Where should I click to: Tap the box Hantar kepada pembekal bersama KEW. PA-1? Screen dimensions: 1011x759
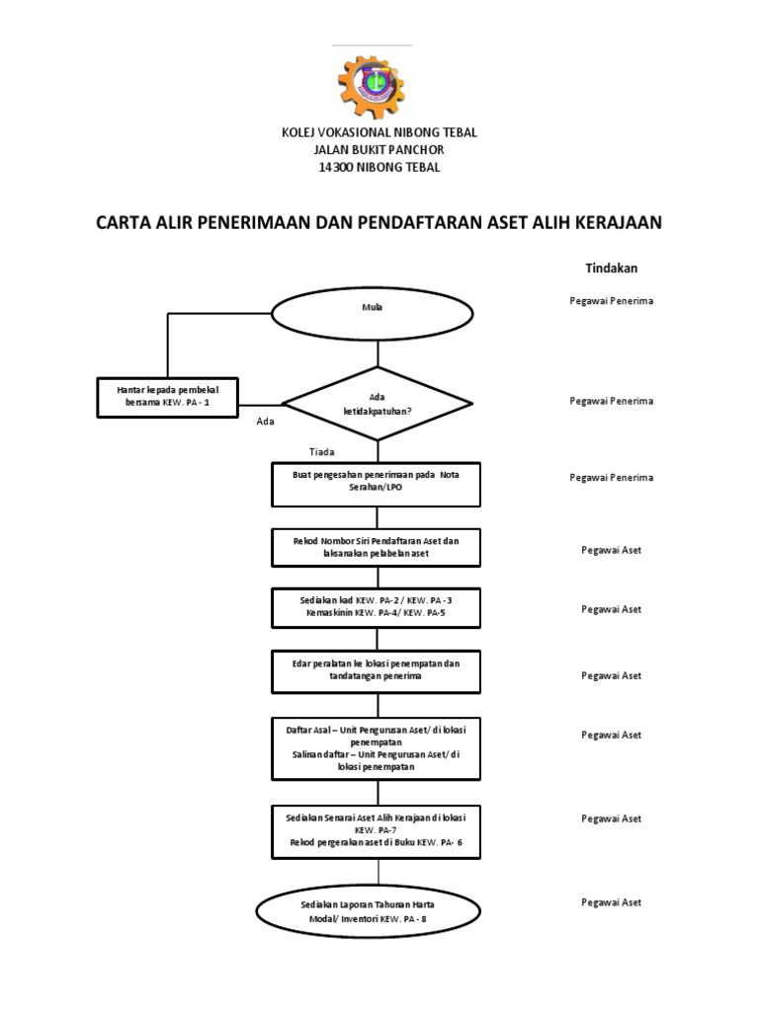pos(168,397)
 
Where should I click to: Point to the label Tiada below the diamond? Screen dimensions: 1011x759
pos(322,452)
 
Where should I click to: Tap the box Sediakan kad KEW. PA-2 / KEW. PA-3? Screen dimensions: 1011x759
pos(376,608)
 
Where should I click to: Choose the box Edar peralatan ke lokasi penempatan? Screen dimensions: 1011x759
pos(376,670)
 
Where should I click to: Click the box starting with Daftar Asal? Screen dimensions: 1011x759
pos(376,747)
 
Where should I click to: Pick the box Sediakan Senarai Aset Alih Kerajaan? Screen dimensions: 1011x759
pos(376,831)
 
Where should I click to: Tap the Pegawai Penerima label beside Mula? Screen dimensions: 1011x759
pos(611,301)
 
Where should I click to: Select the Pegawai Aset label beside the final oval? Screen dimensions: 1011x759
pos(611,902)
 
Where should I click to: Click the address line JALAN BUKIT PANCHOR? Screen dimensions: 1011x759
pos(379,150)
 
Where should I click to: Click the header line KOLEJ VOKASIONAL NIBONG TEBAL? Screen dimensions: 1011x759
pos(379,132)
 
